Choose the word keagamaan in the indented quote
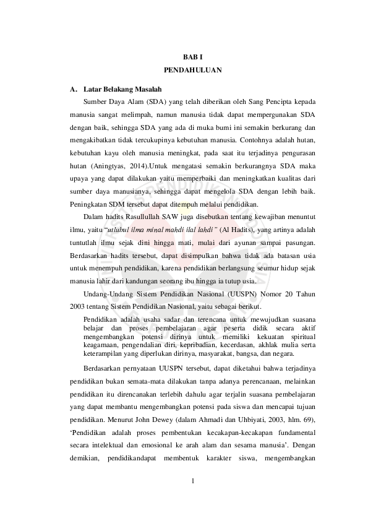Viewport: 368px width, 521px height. [99, 347]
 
